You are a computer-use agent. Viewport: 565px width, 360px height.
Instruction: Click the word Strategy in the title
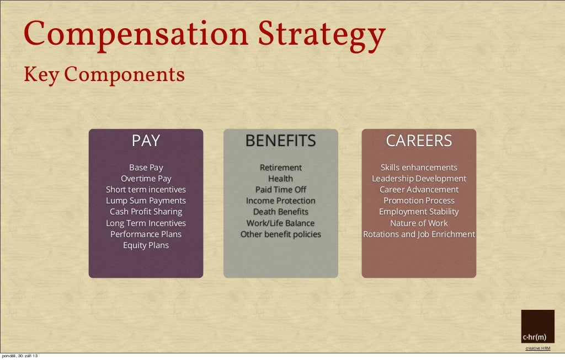pos(322,36)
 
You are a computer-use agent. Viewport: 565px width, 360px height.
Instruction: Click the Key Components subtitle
pos(104,74)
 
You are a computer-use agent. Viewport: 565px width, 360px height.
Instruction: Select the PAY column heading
pos(146,141)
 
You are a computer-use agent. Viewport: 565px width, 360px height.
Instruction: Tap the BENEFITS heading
pos(280,141)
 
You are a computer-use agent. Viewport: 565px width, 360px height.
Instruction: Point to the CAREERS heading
pos(419,141)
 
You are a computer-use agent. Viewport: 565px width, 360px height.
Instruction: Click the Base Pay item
pos(146,168)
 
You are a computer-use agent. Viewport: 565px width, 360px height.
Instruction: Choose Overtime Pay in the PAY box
pos(146,179)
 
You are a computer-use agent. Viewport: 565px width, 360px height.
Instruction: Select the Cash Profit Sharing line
pos(146,212)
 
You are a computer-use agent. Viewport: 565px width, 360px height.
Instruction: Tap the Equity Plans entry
pos(146,245)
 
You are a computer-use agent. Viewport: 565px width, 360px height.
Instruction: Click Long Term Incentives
pos(146,223)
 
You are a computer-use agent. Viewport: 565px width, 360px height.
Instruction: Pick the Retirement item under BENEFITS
pos(280,168)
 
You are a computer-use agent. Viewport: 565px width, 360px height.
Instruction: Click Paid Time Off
pos(280,190)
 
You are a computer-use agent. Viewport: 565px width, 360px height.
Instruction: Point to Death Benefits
pos(280,212)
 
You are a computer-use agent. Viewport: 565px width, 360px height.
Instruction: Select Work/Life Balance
pos(280,223)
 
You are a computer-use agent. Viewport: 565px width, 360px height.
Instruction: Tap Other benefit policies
pos(280,234)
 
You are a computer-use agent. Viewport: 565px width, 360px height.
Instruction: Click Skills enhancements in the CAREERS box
pos(419,168)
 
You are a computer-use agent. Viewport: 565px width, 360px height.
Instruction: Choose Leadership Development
pos(419,179)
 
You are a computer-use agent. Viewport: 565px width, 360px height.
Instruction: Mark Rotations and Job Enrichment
pos(419,234)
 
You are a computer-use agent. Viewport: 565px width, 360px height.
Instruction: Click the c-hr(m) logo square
pos(537,326)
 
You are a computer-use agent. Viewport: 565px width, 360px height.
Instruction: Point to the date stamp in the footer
pos(19,356)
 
